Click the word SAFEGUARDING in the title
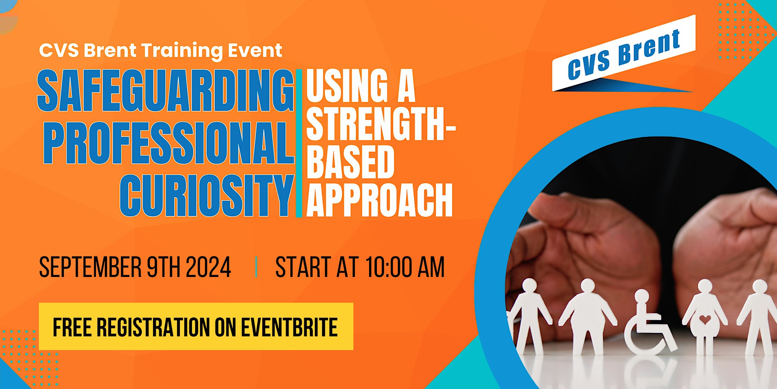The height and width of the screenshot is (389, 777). click(x=166, y=91)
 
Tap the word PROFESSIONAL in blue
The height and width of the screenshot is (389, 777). click(x=169, y=143)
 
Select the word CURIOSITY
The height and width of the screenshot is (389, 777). click(x=207, y=195)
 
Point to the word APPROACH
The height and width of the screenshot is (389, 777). click(x=380, y=200)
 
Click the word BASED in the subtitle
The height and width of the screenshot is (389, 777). click(x=350, y=161)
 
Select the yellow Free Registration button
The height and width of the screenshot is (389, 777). click(x=196, y=326)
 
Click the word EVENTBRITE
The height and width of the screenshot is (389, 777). click(x=289, y=327)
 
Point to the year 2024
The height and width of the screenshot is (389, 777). click(x=209, y=267)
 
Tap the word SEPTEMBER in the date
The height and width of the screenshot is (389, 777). click(x=91, y=267)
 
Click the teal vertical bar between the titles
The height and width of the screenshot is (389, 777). click(x=299, y=143)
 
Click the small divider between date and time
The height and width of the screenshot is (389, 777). click(x=256, y=267)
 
